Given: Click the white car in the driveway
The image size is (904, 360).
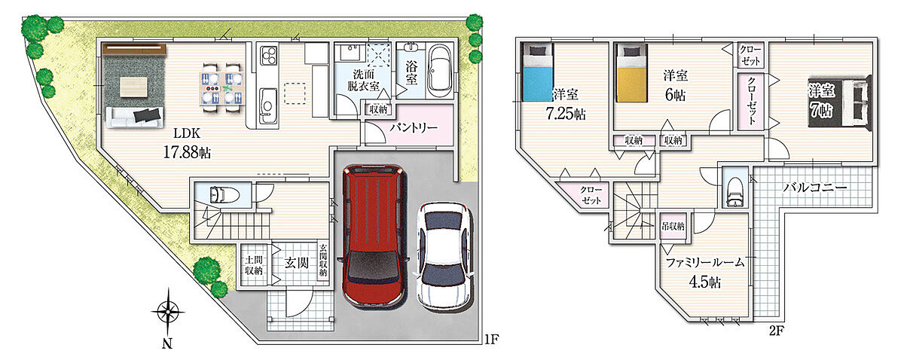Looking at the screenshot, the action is pyautogui.click(x=444, y=255).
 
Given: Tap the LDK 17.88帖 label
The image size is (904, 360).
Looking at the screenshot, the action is pyautogui.click(x=187, y=143).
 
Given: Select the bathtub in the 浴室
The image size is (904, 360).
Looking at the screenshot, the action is pyautogui.click(x=439, y=72).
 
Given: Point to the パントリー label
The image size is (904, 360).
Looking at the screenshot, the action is pyautogui.click(x=414, y=128).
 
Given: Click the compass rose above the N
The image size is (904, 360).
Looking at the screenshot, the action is pyautogui.click(x=167, y=313).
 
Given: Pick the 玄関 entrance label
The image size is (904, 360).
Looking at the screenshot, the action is pyautogui.click(x=297, y=263).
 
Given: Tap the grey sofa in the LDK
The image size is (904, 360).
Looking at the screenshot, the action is pyautogui.click(x=134, y=117).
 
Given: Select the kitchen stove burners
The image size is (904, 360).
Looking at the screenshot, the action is pyautogui.click(x=268, y=55).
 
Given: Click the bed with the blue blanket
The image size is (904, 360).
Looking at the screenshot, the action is pyautogui.click(x=537, y=72).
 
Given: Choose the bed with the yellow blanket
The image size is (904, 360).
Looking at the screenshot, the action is pyautogui.click(x=631, y=72).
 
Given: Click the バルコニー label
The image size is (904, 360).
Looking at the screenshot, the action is pyautogui.click(x=814, y=188).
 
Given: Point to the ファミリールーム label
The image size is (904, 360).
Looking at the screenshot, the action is pyautogui.click(x=704, y=263).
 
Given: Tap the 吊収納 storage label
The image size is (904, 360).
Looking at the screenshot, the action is pyautogui.click(x=673, y=226).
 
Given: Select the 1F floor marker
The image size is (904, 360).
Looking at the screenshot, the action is pyautogui.click(x=491, y=339).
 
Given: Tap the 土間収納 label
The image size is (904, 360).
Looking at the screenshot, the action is pyautogui.click(x=253, y=265).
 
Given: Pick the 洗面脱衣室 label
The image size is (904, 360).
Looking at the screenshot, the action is pyautogui.click(x=363, y=80).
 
